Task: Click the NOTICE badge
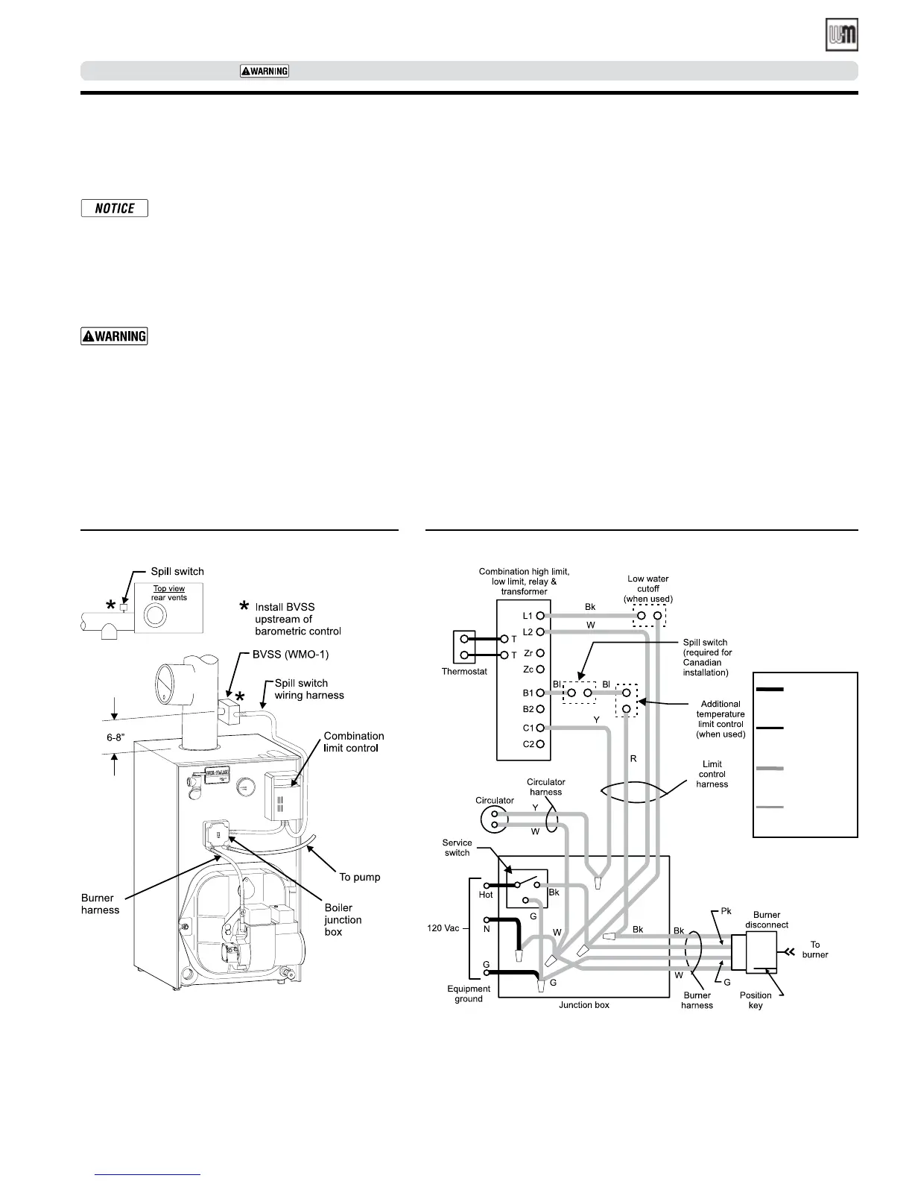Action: (x=114, y=209)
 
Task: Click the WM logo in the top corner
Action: (x=841, y=35)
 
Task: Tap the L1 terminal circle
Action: (x=539, y=616)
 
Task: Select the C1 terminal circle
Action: (x=539, y=728)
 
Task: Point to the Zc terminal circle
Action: (x=539, y=670)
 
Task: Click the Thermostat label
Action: (x=463, y=672)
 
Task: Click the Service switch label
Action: (x=457, y=848)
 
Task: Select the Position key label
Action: (x=756, y=1000)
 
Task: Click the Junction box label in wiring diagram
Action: (x=584, y=1005)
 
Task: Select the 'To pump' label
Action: (x=359, y=877)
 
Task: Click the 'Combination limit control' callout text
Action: (x=354, y=742)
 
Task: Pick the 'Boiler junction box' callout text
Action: (x=343, y=920)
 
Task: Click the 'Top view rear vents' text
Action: (x=169, y=593)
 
